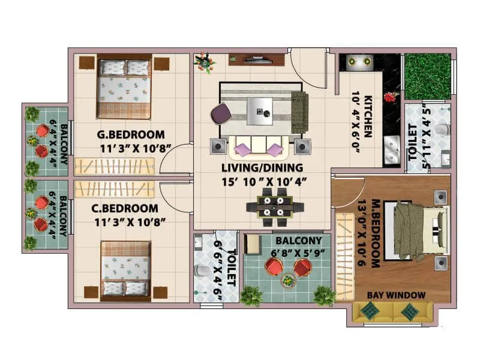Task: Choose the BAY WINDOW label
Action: pos(396,295)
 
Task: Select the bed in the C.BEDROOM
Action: pos(125,269)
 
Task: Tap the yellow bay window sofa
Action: pos(393,311)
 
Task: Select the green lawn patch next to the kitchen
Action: pos(427,76)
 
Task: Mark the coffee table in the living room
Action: pos(259,110)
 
